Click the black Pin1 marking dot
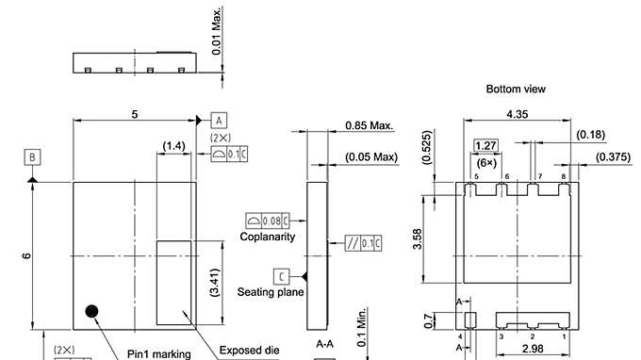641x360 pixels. [91, 311]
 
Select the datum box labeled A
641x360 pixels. [219, 121]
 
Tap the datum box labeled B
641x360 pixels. [32, 157]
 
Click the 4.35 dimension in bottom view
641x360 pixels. [518, 114]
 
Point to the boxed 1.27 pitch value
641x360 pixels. [485, 145]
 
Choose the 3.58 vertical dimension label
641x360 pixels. [417, 238]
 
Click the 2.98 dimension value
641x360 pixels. [533, 349]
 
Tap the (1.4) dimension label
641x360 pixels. [173, 146]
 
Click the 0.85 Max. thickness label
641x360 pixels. [370, 125]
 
